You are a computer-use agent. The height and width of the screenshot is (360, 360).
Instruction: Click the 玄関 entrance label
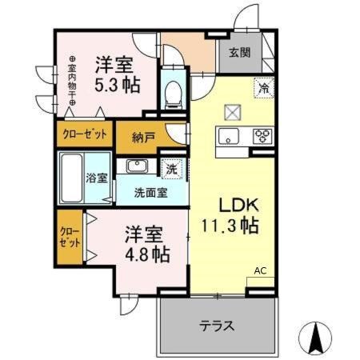click(240, 52)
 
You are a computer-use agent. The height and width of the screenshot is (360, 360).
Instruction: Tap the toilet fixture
click(174, 95)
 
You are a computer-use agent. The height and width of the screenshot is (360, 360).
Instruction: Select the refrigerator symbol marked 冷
click(264, 88)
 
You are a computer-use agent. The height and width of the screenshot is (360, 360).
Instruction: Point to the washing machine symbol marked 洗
click(171, 169)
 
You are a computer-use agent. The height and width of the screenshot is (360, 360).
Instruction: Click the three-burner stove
click(262, 135)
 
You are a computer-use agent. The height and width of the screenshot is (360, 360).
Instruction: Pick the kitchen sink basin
click(229, 136)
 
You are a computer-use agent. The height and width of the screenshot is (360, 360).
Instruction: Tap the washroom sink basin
click(137, 166)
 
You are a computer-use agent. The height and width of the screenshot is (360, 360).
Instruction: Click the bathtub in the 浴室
click(71, 178)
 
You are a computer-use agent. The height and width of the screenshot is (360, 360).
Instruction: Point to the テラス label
click(217, 326)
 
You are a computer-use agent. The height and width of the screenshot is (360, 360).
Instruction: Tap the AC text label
click(260, 271)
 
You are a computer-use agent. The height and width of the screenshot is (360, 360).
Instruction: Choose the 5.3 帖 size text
click(118, 85)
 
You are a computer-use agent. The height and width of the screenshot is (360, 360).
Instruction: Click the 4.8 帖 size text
click(147, 254)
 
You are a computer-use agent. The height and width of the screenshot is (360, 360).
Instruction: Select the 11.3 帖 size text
click(230, 226)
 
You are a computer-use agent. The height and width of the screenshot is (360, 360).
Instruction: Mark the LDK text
click(238, 206)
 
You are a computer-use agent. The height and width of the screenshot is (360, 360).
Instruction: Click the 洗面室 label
click(150, 193)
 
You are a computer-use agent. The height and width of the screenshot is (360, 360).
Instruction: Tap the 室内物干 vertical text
click(72, 81)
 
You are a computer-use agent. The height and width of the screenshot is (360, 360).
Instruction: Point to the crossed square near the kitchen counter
click(233, 112)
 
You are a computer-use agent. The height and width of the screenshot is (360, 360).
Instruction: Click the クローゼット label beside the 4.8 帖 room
click(70, 237)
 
